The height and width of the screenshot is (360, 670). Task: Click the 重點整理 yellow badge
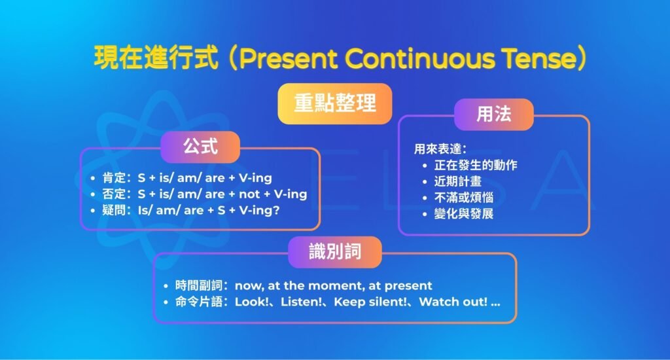tap(334, 103)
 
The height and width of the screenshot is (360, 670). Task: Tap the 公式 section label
tap(200, 147)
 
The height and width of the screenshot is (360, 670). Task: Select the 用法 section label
tap(493, 115)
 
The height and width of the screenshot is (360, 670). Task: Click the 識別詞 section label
tap(334, 252)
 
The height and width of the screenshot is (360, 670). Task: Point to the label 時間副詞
tap(198, 285)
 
